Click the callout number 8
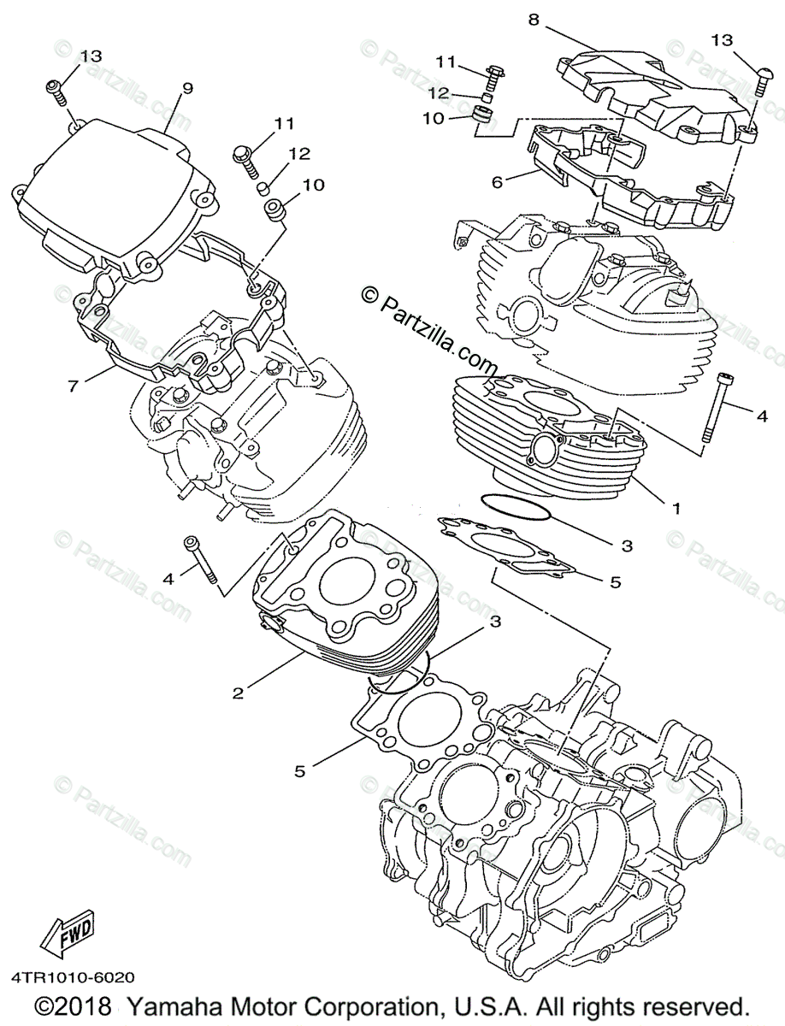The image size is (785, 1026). click(x=534, y=20)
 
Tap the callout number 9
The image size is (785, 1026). click(x=187, y=87)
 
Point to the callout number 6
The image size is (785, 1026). click(x=498, y=182)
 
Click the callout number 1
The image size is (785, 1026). click(x=675, y=508)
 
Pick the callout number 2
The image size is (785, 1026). click(x=239, y=693)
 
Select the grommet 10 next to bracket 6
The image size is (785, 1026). click(x=485, y=119)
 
